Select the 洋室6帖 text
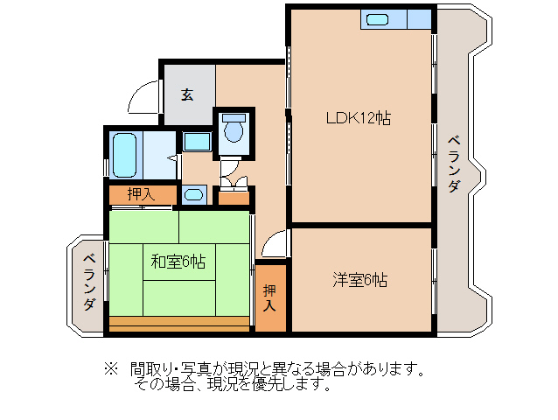[359, 280]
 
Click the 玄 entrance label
[187, 94]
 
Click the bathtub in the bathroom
[125, 155]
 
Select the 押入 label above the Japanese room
[141, 194]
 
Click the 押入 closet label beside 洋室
[270, 298]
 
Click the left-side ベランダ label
[89, 282]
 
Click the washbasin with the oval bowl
[195, 194]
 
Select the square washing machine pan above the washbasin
[197, 142]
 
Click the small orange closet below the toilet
[234, 197]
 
